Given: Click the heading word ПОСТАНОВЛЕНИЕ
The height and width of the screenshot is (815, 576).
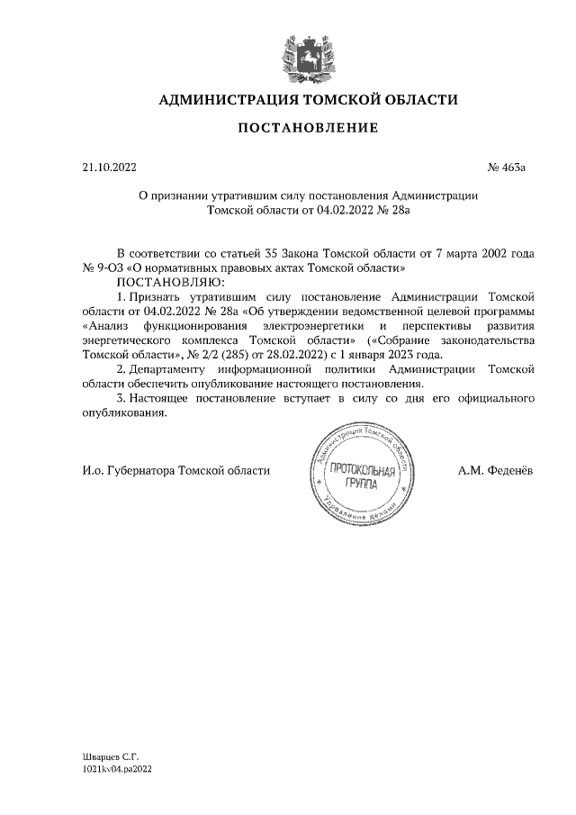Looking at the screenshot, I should click(308, 128).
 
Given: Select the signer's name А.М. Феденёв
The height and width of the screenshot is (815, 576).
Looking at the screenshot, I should click(494, 470).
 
